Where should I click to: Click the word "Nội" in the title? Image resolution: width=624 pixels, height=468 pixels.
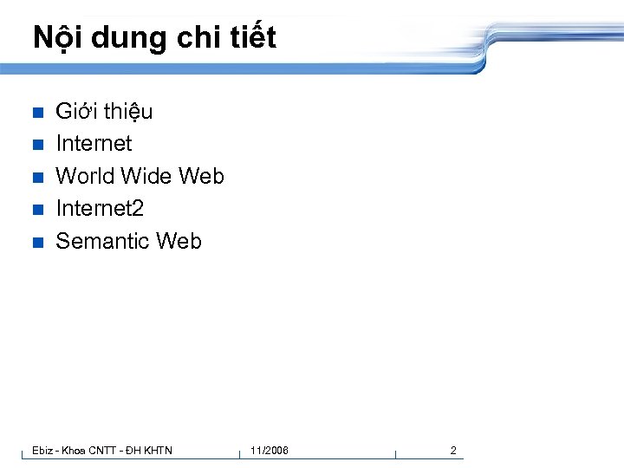tap(55, 37)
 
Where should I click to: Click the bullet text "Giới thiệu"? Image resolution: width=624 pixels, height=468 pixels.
tap(104, 111)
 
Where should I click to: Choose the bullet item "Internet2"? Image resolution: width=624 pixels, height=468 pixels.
tap(100, 208)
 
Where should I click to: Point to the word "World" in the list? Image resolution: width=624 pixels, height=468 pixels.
tap(85, 176)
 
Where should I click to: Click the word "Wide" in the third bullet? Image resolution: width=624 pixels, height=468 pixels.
tap(146, 176)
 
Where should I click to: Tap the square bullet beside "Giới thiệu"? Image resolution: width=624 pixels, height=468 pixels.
tap(36, 113)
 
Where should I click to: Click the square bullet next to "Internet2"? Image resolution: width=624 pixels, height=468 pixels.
tap(36, 210)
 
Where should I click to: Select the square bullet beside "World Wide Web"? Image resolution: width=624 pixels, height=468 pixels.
tap(36, 178)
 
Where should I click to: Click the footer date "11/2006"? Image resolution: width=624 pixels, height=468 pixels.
tap(270, 450)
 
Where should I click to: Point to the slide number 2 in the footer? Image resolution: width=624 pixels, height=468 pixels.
tap(452, 450)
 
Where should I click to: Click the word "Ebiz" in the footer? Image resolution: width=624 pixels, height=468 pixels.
tap(42, 450)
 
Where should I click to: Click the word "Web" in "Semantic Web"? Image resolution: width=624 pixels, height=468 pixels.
tap(178, 241)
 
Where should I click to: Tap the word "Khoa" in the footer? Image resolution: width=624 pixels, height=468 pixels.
tap(73, 450)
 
